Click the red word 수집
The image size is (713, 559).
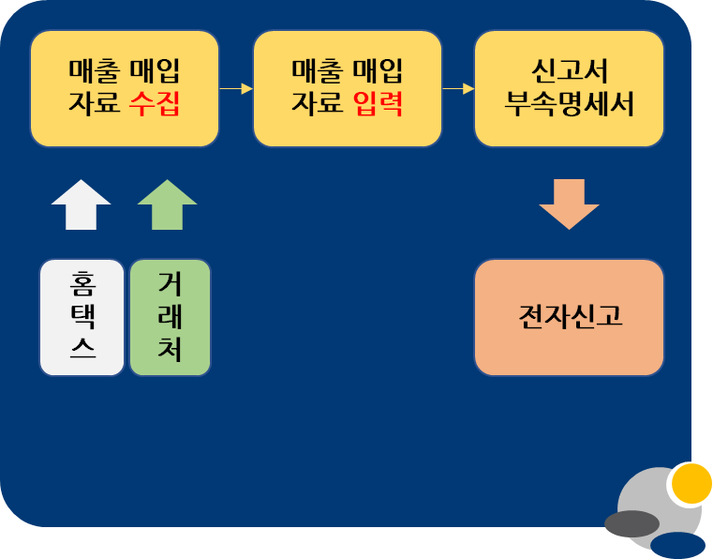[x=155, y=103]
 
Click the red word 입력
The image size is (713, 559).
[x=379, y=103]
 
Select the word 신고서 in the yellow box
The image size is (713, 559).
[x=569, y=71]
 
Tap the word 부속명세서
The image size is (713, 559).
[x=569, y=103]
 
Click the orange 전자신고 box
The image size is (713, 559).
[x=569, y=317]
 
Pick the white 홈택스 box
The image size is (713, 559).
[x=82, y=317]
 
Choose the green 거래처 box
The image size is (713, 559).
[x=170, y=317]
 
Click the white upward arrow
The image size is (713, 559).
[x=82, y=204]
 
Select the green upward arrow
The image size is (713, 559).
[x=167, y=204]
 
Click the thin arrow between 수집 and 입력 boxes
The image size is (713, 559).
[x=236, y=89]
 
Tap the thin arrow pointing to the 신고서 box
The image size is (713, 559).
[x=458, y=89]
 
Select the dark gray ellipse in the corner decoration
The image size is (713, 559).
[x=631, y=523]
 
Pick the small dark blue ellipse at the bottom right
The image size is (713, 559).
[x=677, y=546]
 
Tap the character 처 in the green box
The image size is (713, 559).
[x=170, y=350]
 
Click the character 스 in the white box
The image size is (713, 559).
[x=82, y=350]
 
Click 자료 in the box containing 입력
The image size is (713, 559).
[x=319, y=103]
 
